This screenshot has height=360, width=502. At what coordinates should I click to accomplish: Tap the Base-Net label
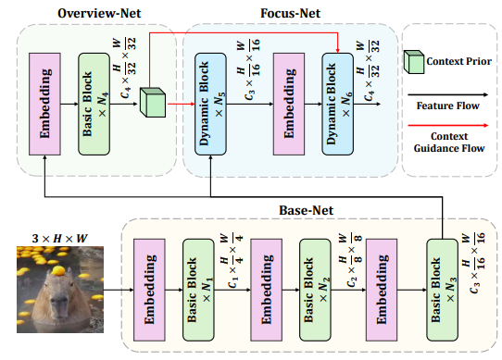click(302, 210)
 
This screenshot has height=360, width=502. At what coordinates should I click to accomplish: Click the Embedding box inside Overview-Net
click(45, 91)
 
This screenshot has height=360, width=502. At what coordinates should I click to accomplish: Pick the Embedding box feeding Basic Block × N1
click(148, 286)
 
